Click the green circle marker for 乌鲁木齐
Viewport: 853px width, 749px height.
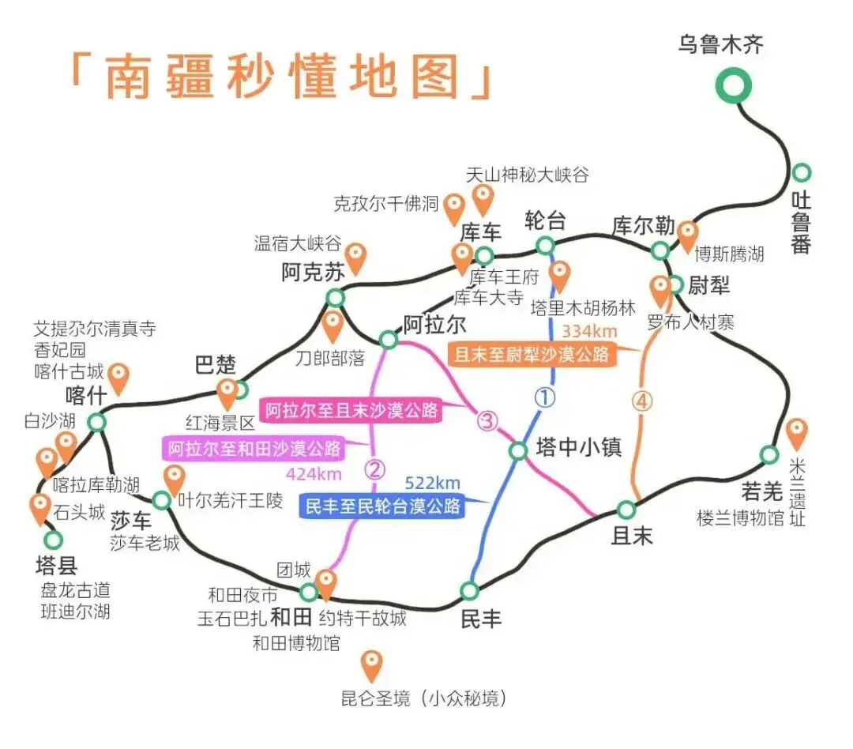[734, 85]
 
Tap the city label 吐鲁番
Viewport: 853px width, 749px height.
[802, 223]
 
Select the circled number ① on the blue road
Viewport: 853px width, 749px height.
[545, 397]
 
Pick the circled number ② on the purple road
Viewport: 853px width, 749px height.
[374, 471]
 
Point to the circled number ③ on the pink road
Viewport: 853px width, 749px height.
[487, 422]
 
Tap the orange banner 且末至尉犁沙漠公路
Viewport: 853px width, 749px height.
[531, 354]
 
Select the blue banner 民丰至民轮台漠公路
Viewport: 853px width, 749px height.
[382, 506]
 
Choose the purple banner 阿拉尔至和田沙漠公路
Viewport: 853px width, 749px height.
[254, 449]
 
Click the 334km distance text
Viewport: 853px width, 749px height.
[589, 331]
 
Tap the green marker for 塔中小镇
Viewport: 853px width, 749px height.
[517, 451]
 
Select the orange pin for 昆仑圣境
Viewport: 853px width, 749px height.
[370, 665]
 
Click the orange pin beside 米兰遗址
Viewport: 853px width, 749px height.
[797, 434]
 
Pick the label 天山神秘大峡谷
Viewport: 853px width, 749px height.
[527, 175]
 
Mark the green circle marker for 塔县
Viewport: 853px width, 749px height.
[53, 540]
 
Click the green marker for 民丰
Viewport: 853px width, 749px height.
[470, 591]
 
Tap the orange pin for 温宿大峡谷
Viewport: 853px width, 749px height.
[357, 258]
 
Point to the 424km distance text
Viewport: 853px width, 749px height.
[314, 474]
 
